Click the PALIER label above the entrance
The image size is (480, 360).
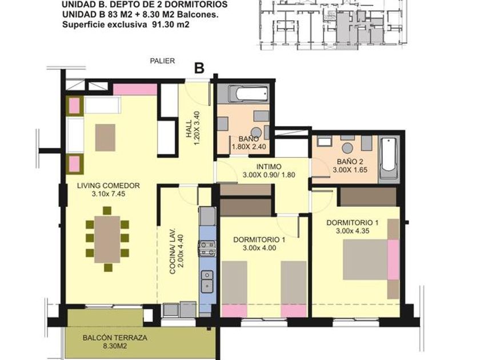(162, 61)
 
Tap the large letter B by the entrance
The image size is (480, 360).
(199, 68)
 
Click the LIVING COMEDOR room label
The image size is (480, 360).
(109, 186)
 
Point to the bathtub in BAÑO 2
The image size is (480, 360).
(389, 158)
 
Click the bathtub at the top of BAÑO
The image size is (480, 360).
(248, 93)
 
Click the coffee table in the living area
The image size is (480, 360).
(105, 138)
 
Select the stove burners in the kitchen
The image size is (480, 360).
(207, 248)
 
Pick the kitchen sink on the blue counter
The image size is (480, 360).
(207, 281)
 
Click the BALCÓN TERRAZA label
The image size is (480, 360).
(115, 338)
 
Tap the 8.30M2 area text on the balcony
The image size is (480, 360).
(115, 346)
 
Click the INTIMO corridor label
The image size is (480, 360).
(269, 167)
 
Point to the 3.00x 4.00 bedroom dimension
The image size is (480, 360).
(259, 248)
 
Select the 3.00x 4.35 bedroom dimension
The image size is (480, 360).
(353, 231)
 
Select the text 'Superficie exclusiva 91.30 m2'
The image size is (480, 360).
(126, 25)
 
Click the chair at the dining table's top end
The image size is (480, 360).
(107, 211)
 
